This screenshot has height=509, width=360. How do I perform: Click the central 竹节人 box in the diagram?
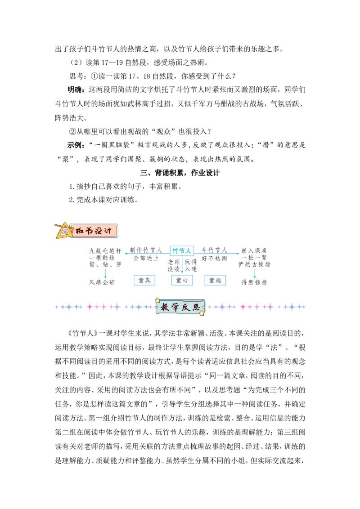tap(182, 250)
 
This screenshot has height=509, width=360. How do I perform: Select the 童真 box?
tap(144, 280)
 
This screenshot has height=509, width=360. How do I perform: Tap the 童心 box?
tap(182, 280)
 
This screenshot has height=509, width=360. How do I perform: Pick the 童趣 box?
tap(215, 280)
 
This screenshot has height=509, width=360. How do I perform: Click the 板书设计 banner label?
tap(94, 231)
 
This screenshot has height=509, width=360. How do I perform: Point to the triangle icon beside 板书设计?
tap(64, 231)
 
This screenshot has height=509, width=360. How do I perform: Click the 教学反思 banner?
tap(180, 307)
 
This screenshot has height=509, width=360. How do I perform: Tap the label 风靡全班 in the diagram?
tap(102, 282)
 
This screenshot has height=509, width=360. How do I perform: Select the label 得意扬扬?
tap(254, 282)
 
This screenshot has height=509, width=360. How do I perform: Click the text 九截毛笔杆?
tap(105, 250)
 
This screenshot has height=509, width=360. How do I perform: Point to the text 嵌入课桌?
tap(254, 250)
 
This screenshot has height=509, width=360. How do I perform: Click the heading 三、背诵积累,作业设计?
tap(180, 173)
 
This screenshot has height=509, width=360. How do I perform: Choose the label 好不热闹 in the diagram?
tap(215, 259)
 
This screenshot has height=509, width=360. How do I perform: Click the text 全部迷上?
tap(146, 258)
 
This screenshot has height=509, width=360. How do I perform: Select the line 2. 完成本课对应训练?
tap(103, 200)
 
